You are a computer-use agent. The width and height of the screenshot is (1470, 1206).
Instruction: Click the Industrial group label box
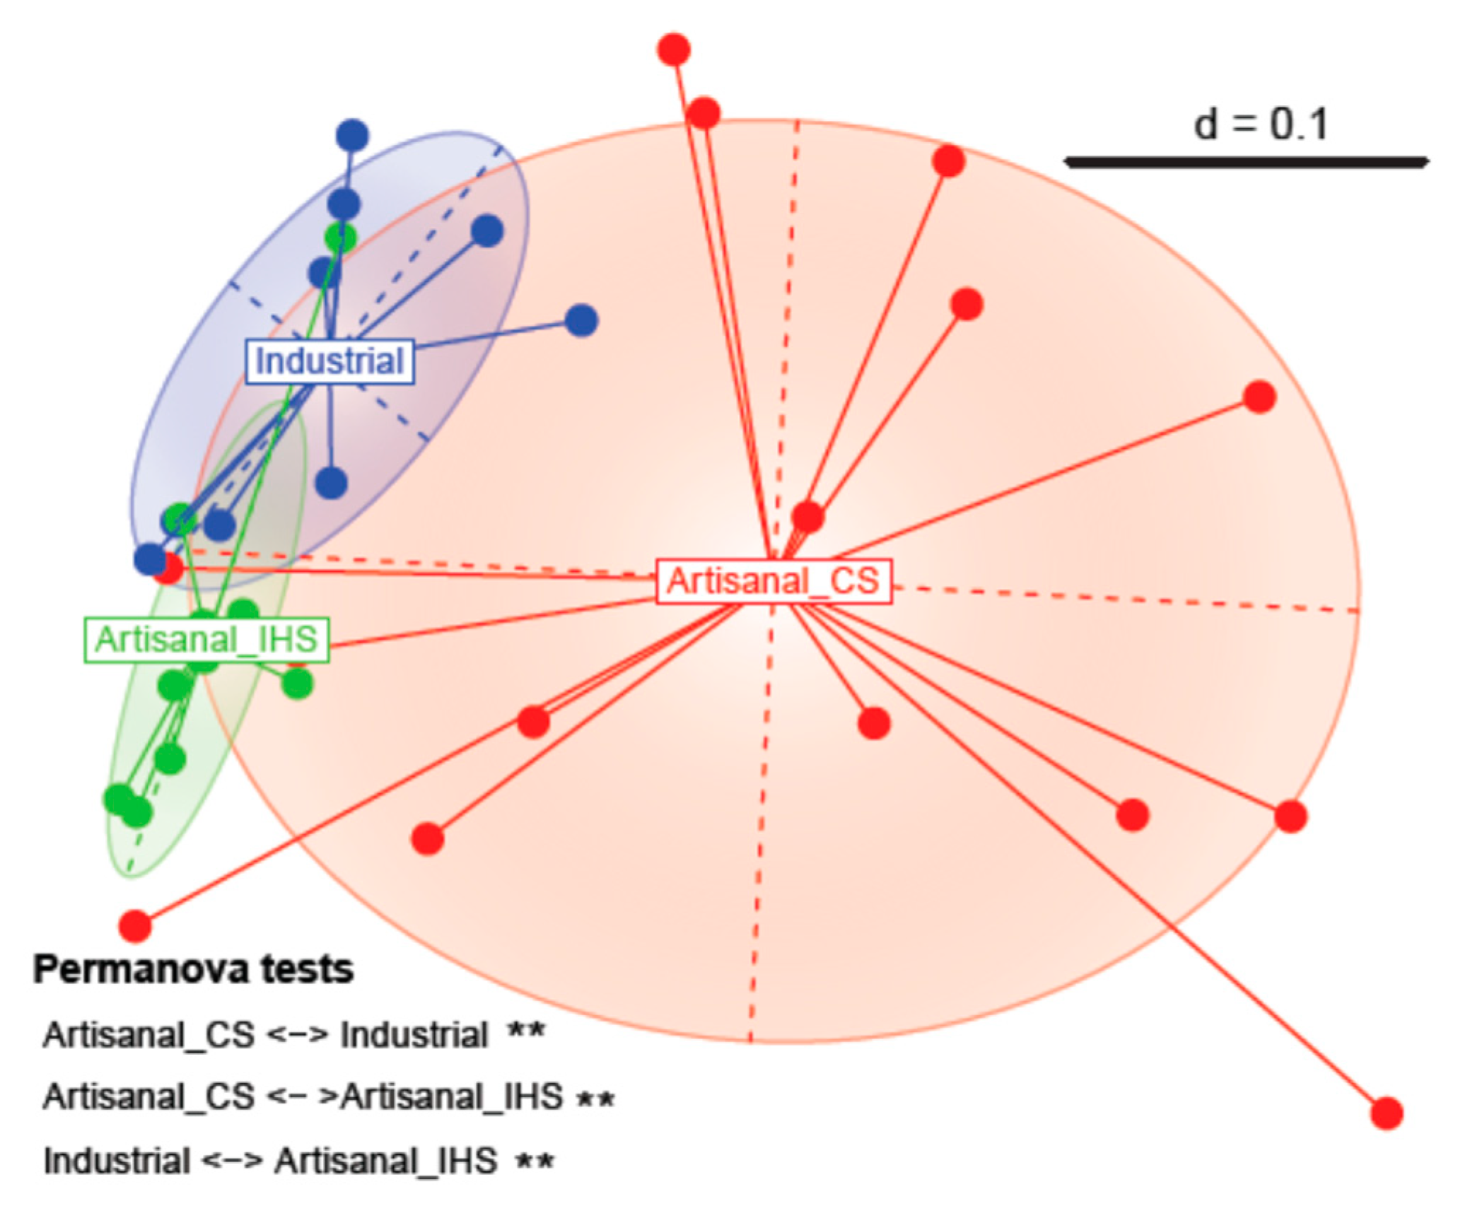(329, 361)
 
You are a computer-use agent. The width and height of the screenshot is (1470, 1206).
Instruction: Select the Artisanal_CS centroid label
(774, 581)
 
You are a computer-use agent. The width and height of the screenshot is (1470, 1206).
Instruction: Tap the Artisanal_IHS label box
(206, 640)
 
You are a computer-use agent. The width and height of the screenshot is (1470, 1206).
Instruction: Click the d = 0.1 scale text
(1261, 124)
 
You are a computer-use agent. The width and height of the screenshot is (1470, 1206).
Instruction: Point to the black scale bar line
(1246, 163)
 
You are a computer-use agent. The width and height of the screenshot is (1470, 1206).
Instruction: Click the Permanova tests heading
(193, 970)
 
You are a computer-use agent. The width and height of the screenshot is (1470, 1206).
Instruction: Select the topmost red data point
(674, 49)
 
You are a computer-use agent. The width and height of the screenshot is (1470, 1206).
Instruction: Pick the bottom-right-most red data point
(1387, 1113)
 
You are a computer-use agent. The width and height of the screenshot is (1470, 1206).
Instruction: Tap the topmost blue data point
(352, 135)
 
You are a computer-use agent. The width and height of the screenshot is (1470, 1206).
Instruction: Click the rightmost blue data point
(581, 321)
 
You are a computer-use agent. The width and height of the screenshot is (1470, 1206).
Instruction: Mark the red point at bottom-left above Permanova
(135, 925)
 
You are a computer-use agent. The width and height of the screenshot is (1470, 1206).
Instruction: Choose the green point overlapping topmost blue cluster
(340, 238)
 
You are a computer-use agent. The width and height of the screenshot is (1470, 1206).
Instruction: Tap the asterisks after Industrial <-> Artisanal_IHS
(535, 1160)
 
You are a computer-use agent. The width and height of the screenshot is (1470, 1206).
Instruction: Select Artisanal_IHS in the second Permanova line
(453, 1097)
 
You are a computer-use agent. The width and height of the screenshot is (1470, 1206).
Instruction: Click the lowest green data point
(137, 812)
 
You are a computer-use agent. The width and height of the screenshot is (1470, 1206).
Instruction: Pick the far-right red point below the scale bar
(1259, 397)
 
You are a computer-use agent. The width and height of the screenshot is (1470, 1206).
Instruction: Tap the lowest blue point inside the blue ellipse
(150, 559)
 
